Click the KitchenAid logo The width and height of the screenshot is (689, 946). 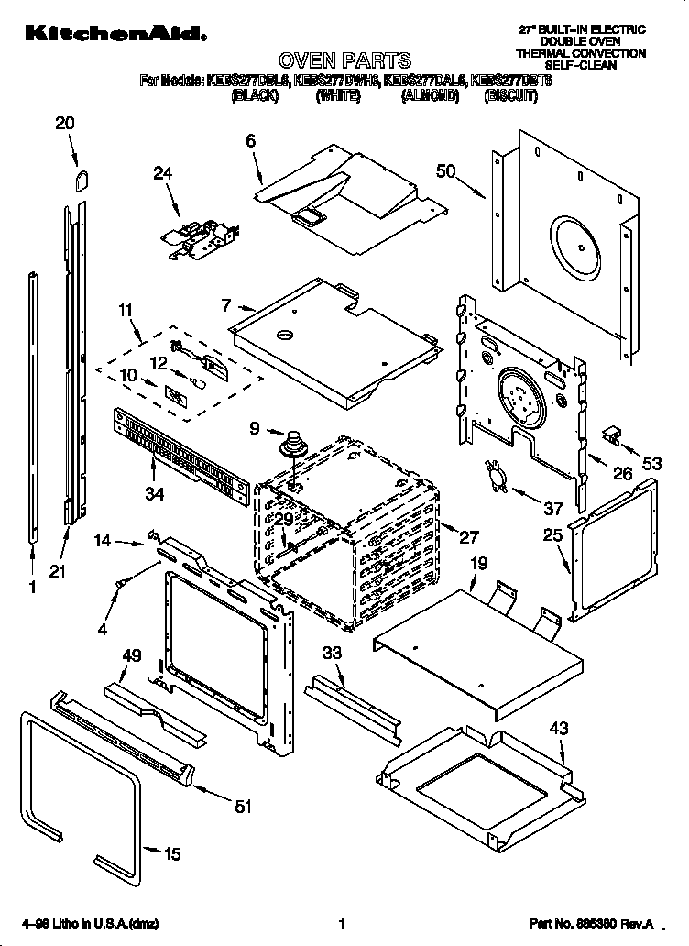[x=107, y=34]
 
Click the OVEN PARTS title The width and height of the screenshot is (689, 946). [x=344, y=60]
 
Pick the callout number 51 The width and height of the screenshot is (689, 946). [x=242, y=807]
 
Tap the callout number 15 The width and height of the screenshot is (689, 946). [x=172, y=854]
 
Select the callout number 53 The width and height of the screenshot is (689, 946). [x=651, y=464]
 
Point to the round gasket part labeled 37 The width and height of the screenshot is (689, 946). [x=497, y=476]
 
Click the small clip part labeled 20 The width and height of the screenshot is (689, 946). [x=82, y=178]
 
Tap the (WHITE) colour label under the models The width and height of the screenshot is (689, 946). [x=336, y=95]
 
